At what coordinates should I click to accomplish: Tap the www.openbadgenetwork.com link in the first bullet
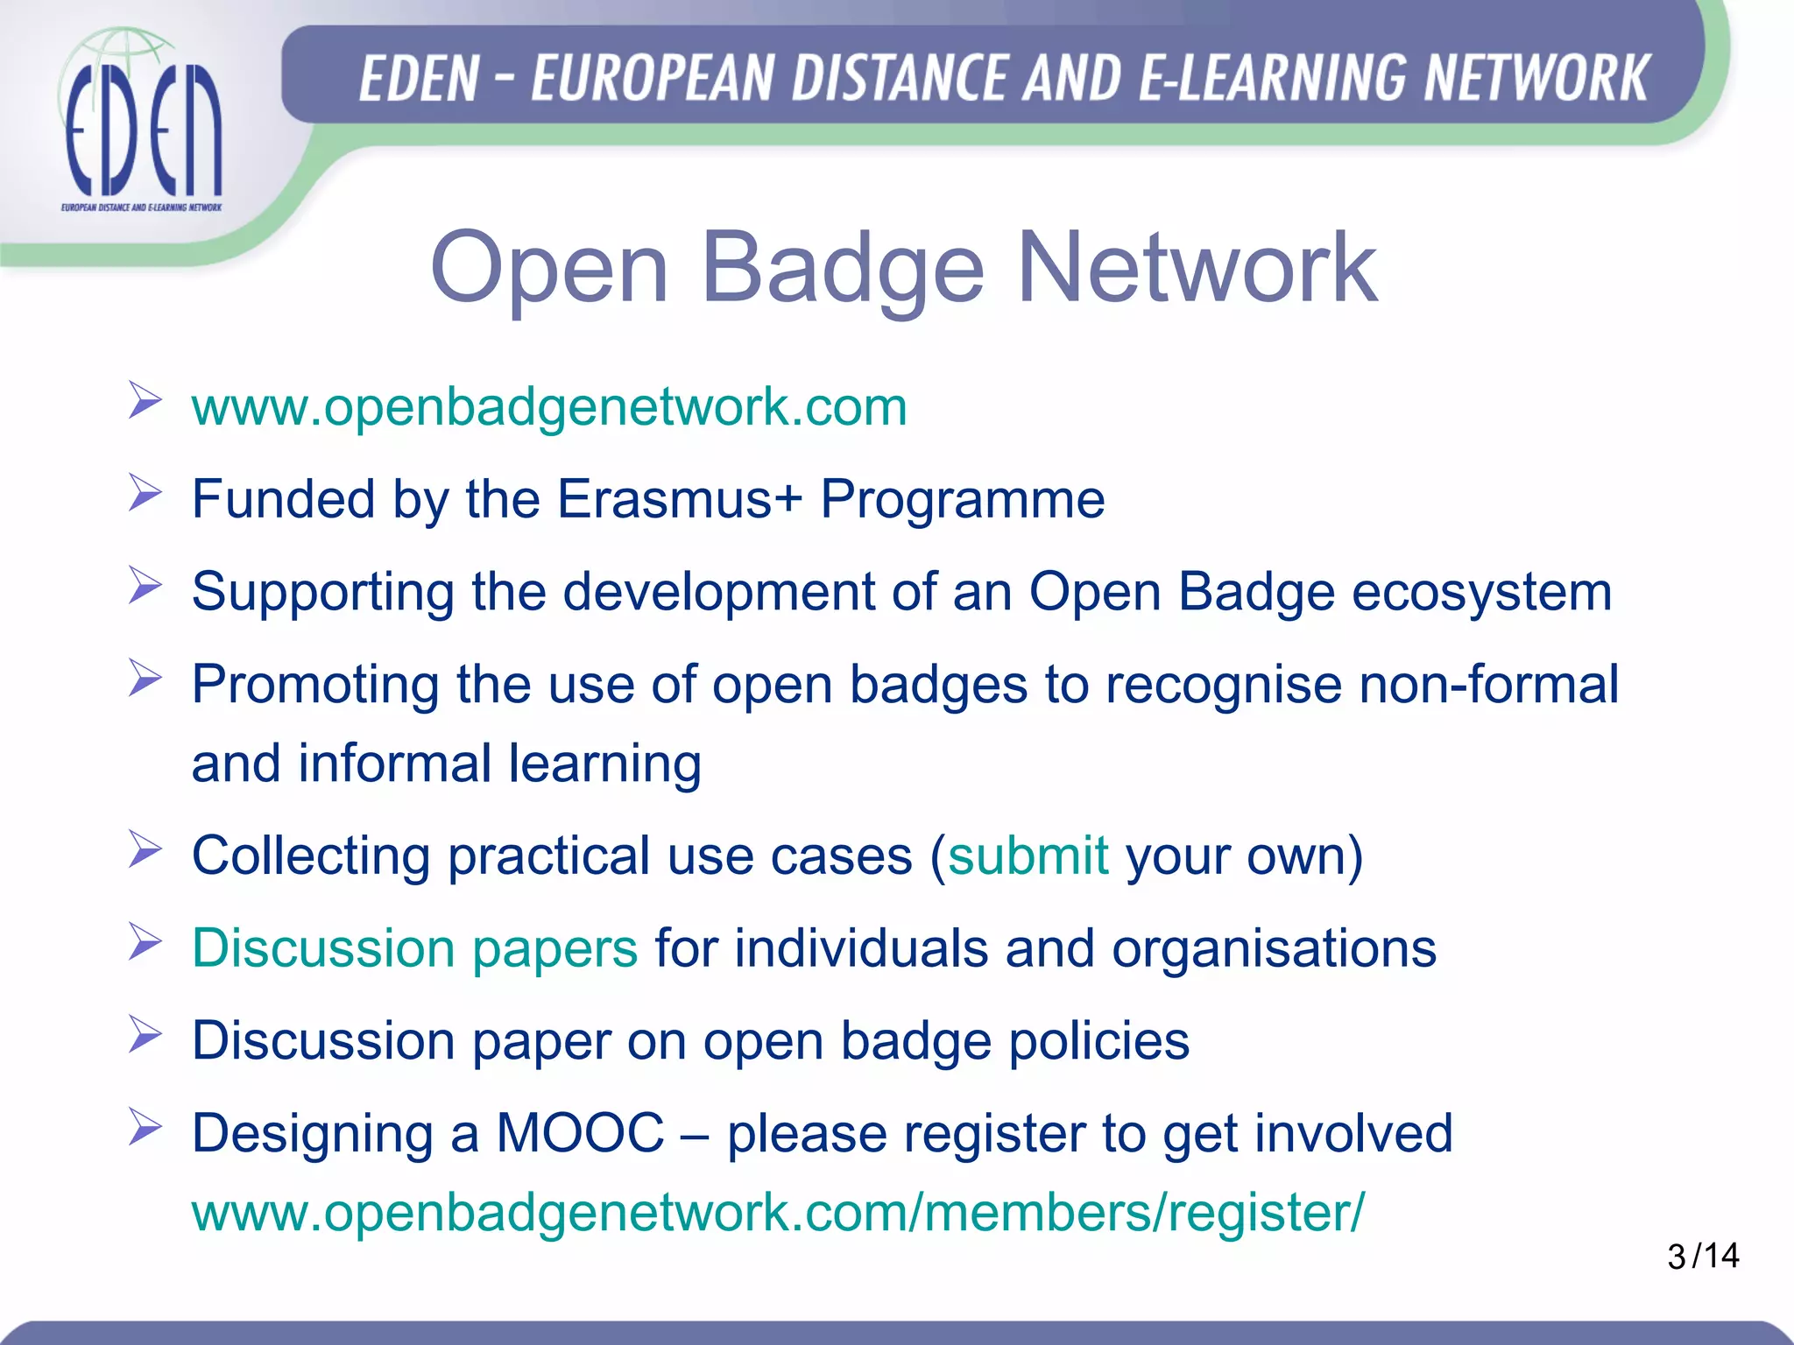click(x=549, y=406)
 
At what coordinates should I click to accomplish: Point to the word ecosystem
click(x=1481, y=592)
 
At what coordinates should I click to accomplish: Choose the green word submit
click(x=1028, y=856)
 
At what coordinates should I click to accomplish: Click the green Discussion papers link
click(x=414, y=948)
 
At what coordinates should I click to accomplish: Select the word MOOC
click(x=580, y=1133)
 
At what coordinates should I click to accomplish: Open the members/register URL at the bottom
click(x=778, y=1213)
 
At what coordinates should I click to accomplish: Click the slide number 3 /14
click(x=1703, y=1256)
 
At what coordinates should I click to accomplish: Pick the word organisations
click(x=1274, y=948)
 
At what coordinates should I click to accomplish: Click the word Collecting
click(x=311, y=856)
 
